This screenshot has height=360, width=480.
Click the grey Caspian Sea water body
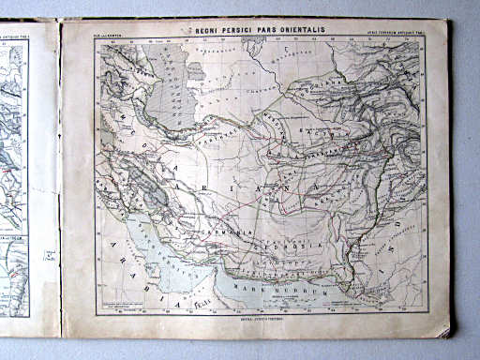169,94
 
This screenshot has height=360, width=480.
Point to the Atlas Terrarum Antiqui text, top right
394,35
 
